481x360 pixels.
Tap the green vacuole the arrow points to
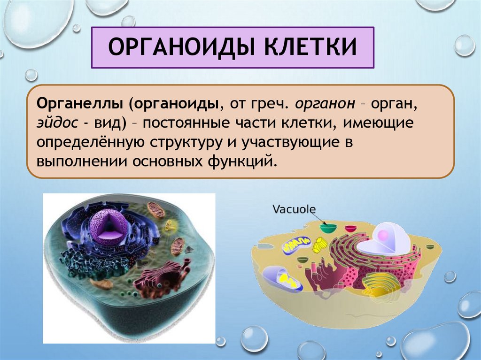coord(328,229)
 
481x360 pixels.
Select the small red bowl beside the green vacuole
coord(350,229)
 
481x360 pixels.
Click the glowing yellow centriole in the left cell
coord(170,226)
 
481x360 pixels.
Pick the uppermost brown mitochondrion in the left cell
coord(156,210)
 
